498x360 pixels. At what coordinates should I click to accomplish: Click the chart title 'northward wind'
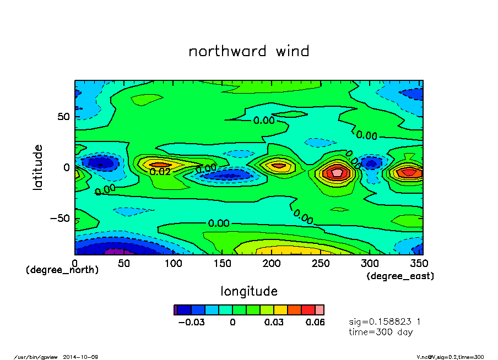coord(249,51)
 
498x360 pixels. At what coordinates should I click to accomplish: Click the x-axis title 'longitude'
coord(249,291)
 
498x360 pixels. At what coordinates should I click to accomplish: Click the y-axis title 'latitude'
coord(38,167)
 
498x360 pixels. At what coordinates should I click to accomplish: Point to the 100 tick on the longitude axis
coord(174,264)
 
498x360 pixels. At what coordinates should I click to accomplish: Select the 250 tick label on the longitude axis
coord(322,264)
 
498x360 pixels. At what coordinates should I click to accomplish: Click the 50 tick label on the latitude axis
coord(64,117)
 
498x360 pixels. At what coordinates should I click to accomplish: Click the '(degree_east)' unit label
coord(400,276)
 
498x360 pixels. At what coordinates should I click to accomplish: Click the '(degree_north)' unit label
coord(62,270)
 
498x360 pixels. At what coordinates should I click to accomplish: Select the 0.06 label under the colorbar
coord(315,322)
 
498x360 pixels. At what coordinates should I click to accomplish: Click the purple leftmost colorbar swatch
coord(176,309)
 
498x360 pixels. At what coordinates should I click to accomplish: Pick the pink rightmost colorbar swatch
coord(320,309)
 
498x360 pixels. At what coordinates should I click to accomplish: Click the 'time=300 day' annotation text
coord(381,332)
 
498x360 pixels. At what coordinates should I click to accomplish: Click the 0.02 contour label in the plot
coord(160,171)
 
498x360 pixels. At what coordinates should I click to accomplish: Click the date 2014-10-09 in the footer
coord(85,357)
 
